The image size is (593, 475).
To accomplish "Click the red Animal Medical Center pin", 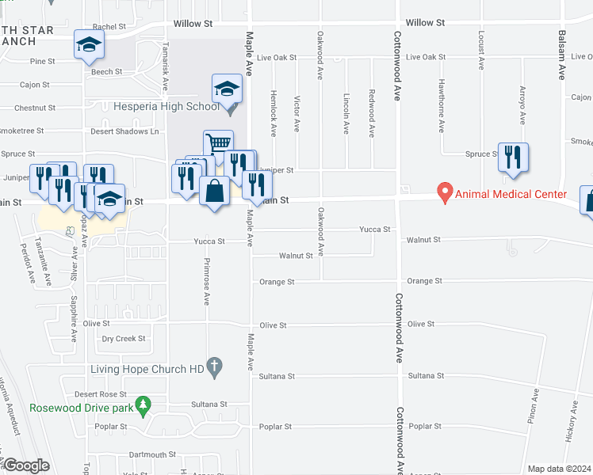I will pyautogui.click(x=445, y=193).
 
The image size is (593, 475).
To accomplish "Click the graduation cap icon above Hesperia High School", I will pyautogui.click(x=227, y=89).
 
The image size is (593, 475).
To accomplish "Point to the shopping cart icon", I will pyautogui.click(x=218, y=144).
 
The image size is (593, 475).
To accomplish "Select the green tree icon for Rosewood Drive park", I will pyautogui.click(x=143, y=406).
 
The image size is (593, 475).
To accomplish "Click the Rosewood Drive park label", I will pyautogui.click(x=81, y=408).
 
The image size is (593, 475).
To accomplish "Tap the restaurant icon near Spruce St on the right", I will pyautogui.click(x=514, y=158).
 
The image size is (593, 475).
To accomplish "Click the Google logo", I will pyautogui.click(x=26, y=465).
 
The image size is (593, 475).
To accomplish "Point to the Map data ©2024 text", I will pyautogui.click(x=559, y=469).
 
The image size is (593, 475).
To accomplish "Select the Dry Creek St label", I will pyautogui.click(x=124, y=339).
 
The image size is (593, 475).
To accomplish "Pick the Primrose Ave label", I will pyautogui.click(x=205, y=282).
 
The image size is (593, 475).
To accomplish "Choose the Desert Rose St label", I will pyautogui.click(x=101, y=394).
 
